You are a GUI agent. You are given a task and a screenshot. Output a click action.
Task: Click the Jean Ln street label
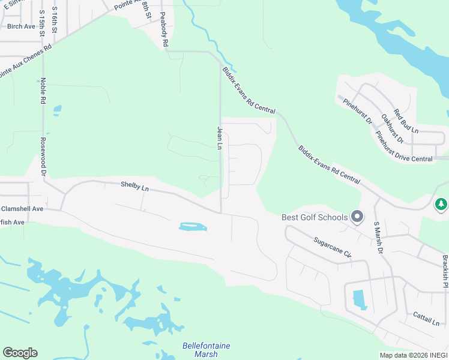(220, 138)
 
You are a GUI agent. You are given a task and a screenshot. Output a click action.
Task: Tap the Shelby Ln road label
(134, 187)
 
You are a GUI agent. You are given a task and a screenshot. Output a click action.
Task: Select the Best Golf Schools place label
(315, 217)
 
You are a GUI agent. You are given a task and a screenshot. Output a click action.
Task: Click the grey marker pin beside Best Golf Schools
(357, 216)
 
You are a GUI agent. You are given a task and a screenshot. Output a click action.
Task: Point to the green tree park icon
(441, 205)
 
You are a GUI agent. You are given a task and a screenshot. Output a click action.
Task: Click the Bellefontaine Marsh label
(206, 350)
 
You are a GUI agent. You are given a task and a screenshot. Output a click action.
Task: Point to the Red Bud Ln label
(406, 121)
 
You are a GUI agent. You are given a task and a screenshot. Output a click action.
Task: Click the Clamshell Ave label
(22, 209)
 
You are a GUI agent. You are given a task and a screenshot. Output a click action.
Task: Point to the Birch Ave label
(21, 26)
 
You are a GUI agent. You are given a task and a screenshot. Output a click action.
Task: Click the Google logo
(20, 353)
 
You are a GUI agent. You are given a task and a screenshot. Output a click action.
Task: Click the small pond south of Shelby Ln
(193, 227)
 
